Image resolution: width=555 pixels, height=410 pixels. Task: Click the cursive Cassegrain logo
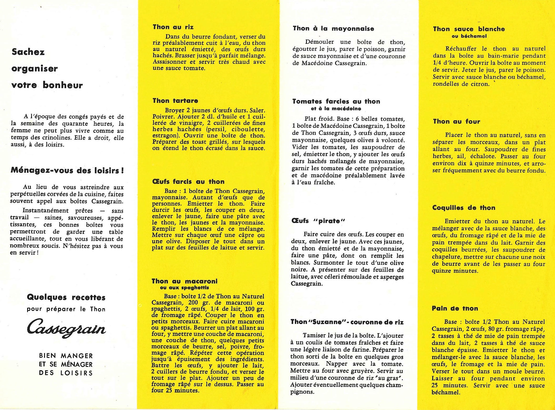[66, 329]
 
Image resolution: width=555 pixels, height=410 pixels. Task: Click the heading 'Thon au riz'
[173, 27]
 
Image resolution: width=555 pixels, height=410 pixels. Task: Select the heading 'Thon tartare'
[175, 101]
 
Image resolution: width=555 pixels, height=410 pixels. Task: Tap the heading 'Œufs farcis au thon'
[188, 182]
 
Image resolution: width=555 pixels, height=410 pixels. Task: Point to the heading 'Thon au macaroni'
[184, 281]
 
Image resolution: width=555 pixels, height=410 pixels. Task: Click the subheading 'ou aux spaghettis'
[184, 288]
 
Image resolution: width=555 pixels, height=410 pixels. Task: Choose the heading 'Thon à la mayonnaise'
[333, 29]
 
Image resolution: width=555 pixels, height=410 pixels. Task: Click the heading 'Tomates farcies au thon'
[336, 102]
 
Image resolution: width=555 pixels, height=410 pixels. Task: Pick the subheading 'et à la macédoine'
[336, 109]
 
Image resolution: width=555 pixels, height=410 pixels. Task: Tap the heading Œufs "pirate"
[318, 221]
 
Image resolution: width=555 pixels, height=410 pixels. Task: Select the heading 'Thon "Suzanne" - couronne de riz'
[347, 322]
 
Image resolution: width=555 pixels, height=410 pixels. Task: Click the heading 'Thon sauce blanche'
[469, 29]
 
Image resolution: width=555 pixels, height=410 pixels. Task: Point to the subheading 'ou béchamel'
[469, 36]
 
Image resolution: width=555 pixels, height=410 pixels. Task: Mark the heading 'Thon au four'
[456, 122]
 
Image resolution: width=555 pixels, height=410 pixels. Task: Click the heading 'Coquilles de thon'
[464, 208]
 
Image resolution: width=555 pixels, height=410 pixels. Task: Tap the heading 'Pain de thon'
[455, 308]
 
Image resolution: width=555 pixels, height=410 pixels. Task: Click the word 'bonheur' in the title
[63, 85]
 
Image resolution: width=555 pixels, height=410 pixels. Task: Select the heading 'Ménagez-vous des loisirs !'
[67, 171]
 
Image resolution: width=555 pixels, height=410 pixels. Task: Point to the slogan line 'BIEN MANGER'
[66, 356]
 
